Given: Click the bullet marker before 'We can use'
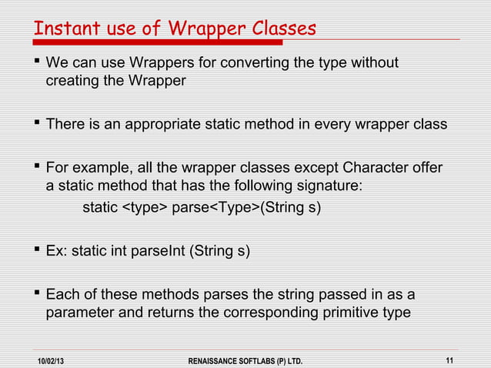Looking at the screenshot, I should click(x=36, y=62).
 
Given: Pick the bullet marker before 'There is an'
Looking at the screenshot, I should click(x=36, y=125).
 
